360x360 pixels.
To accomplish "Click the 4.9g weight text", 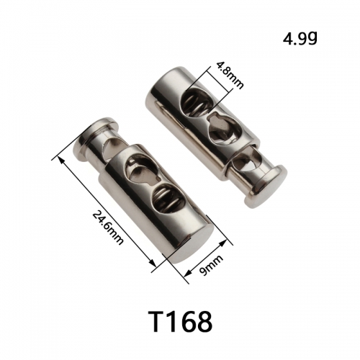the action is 300,38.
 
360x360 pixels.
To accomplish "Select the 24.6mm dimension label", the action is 108,227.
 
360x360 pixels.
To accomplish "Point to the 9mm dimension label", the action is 212,265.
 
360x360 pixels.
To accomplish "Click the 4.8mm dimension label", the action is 230,75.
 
